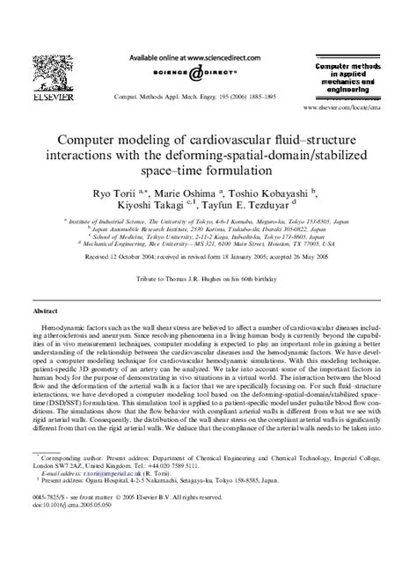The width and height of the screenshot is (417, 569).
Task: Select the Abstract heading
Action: pyautogui.click(x=46, y=336)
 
